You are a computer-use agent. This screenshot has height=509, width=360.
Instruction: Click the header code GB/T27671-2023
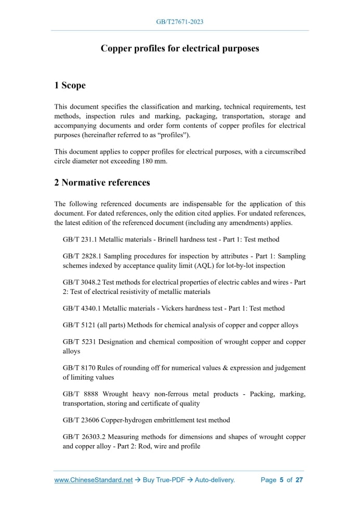pyautogui.click(x=180, y=22)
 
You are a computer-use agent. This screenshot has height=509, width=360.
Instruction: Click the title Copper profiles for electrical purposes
pyautogui.click(x=180, y=48)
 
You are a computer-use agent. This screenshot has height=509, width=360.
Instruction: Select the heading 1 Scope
pyautogui.click(x=70, y=85)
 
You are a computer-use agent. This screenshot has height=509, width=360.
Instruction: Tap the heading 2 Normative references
pyautogui.click(x=102, y=182)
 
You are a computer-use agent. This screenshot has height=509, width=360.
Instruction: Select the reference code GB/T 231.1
pyautogui.click(x=78, y=239)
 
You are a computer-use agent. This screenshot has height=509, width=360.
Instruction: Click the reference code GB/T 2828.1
pyautogui.click(x=81, y=257)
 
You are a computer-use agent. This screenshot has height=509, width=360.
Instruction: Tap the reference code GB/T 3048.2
pyautogui.click(x=81, y=283)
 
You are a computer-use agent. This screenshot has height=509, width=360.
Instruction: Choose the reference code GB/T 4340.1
pyautogui.click(x=81, y=309)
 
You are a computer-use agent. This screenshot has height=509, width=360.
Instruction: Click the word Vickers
pyautogui.click(x=157, y=309)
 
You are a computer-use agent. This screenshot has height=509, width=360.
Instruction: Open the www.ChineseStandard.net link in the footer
pyautogui.click(x=94, y=480)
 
